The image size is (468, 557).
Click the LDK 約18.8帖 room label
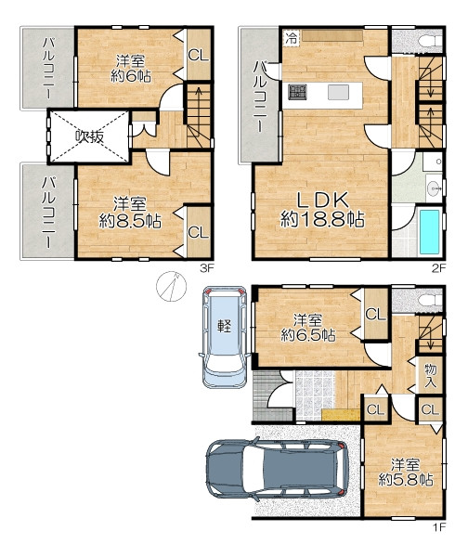click(322, 210)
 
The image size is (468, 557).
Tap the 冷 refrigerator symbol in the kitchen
click(292, 38)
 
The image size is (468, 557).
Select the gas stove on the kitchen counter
click(297, 92)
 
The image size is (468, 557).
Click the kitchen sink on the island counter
click(338, 93)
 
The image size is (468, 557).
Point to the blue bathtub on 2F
click(429, 231)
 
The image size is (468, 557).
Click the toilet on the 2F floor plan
click(430, 41)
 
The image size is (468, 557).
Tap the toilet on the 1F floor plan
click(430, 300)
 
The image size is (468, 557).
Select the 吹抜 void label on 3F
click(90, 136)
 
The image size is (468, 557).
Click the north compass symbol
click(171, 286)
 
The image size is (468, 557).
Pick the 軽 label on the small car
click(224, 326)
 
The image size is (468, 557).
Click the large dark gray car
click(277, 469)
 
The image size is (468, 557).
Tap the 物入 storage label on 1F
click(430, 376)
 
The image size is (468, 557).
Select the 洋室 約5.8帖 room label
click(406, 473)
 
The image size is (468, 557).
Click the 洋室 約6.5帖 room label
click(308, 328)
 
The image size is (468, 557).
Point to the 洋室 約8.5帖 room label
click(130, 214)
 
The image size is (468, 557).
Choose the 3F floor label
click(207, 268)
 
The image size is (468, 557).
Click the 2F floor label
click(438, 268)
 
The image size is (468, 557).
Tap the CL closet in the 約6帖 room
click(199, 55)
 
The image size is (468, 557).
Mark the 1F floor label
click(439, 526)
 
